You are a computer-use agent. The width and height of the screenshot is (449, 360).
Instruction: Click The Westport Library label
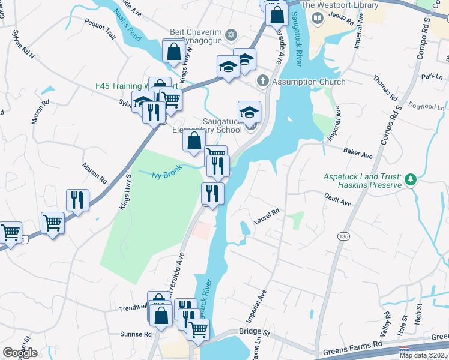[x=340, y=5]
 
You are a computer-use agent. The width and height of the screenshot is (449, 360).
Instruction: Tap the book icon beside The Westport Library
[x=318, y=18]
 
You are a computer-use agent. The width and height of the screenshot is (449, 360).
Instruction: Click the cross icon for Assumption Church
[x=262, y=81]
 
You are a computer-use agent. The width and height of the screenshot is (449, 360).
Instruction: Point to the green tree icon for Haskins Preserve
[x=411, y=179]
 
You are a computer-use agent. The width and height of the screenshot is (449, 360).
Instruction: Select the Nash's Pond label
[x=127, y=27]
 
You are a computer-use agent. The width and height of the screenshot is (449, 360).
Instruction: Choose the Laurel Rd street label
[x=267, y=217]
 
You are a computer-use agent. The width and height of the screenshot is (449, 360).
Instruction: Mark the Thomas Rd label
[x=385, y=88]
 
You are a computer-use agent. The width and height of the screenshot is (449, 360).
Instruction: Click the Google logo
[x=20, y=353]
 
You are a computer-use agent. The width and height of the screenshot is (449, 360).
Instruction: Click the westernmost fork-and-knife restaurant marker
[x=77, y=199]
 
